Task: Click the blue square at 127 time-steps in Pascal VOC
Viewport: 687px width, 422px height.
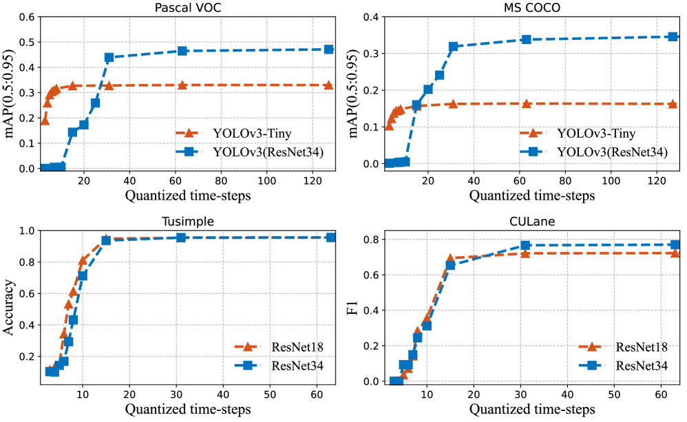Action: pos(328,50)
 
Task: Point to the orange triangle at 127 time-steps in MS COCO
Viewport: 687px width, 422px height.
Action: pos(673,104)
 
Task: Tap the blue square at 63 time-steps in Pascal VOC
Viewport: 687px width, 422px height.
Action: pos(182,51)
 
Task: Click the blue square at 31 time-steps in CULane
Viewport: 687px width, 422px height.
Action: pos(525,245)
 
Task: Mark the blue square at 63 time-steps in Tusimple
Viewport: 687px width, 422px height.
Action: pos(331,238)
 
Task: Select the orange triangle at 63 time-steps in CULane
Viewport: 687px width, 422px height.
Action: pos(675,253)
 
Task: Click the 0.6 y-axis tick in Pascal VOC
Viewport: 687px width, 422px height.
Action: pos(27,17)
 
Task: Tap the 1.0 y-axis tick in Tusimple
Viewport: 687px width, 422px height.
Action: pos(27,231)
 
